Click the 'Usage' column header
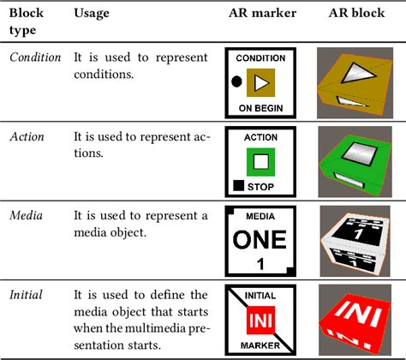click(91, 13)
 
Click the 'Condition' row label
click(35, 57)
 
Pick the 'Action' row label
click(28, 136)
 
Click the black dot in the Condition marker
click(236, 82)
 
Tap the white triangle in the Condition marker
click(261, 82)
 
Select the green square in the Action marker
click(261, 160)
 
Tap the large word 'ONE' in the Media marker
click(260, 237)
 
